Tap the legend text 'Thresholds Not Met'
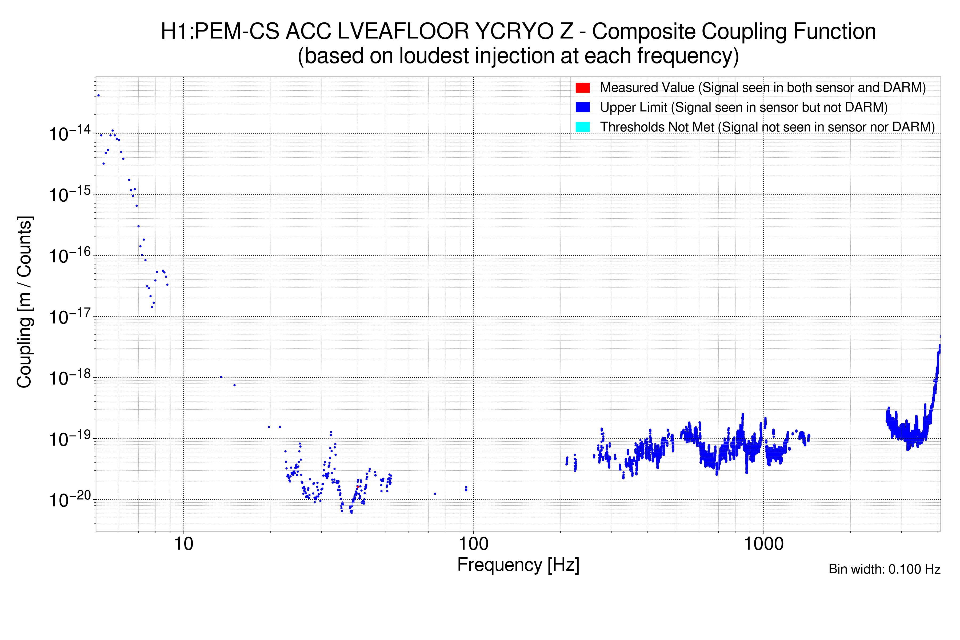[657, 127]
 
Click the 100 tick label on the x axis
[474, 544]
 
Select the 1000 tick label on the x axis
[763, 544]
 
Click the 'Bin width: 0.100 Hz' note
[884, 569]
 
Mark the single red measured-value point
[358, 486]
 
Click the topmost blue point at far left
[98, 95]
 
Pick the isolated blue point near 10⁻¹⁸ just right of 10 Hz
[221, 377]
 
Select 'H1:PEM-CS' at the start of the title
[221, 31]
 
